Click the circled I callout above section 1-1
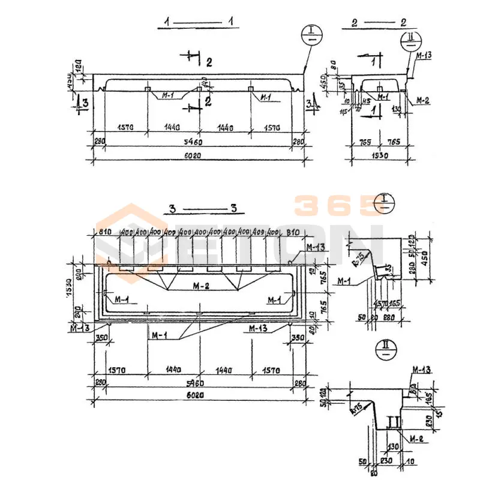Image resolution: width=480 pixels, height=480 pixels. point(312,34)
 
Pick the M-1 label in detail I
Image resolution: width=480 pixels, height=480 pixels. point(344,280)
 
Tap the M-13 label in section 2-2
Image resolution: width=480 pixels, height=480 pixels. point(424,56)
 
